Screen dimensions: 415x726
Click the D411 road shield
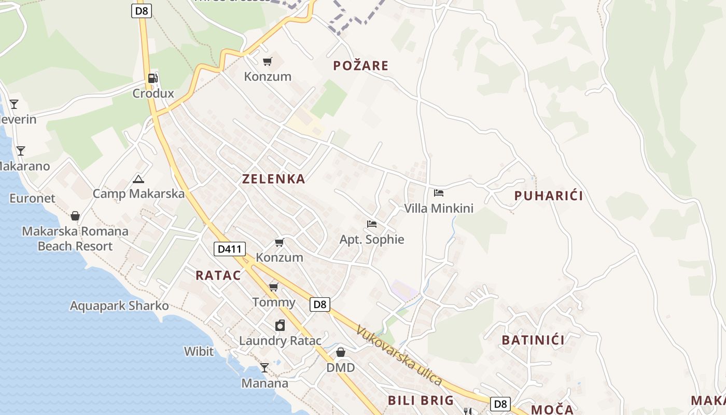(229, 249)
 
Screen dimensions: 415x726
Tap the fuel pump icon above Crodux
(153, 78)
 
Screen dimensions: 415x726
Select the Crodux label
(153, 93)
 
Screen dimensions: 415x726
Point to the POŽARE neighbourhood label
(361, 66)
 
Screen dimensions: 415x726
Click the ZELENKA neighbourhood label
(273, 179)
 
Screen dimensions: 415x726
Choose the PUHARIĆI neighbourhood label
(549, 196)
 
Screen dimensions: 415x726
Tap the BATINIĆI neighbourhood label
(533, 340)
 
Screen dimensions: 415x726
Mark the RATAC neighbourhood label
(218, 275)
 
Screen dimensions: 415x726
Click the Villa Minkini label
(439, 209)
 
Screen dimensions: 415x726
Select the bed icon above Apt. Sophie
(371, 224)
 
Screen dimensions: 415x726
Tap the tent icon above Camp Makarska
(138, 179)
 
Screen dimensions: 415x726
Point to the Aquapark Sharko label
(119, 306)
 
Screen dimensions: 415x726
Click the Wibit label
(199, 351)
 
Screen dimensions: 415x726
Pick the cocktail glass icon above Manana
(264, 368)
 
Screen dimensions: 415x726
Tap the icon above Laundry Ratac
(280, 325)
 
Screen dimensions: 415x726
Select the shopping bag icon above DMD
(341, 353)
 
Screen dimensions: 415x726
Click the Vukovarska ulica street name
(399, 355)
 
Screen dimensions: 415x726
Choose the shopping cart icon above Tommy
(273, 287)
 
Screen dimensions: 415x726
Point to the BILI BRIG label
(421, 400)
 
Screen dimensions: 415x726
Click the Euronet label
(32, 198)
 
